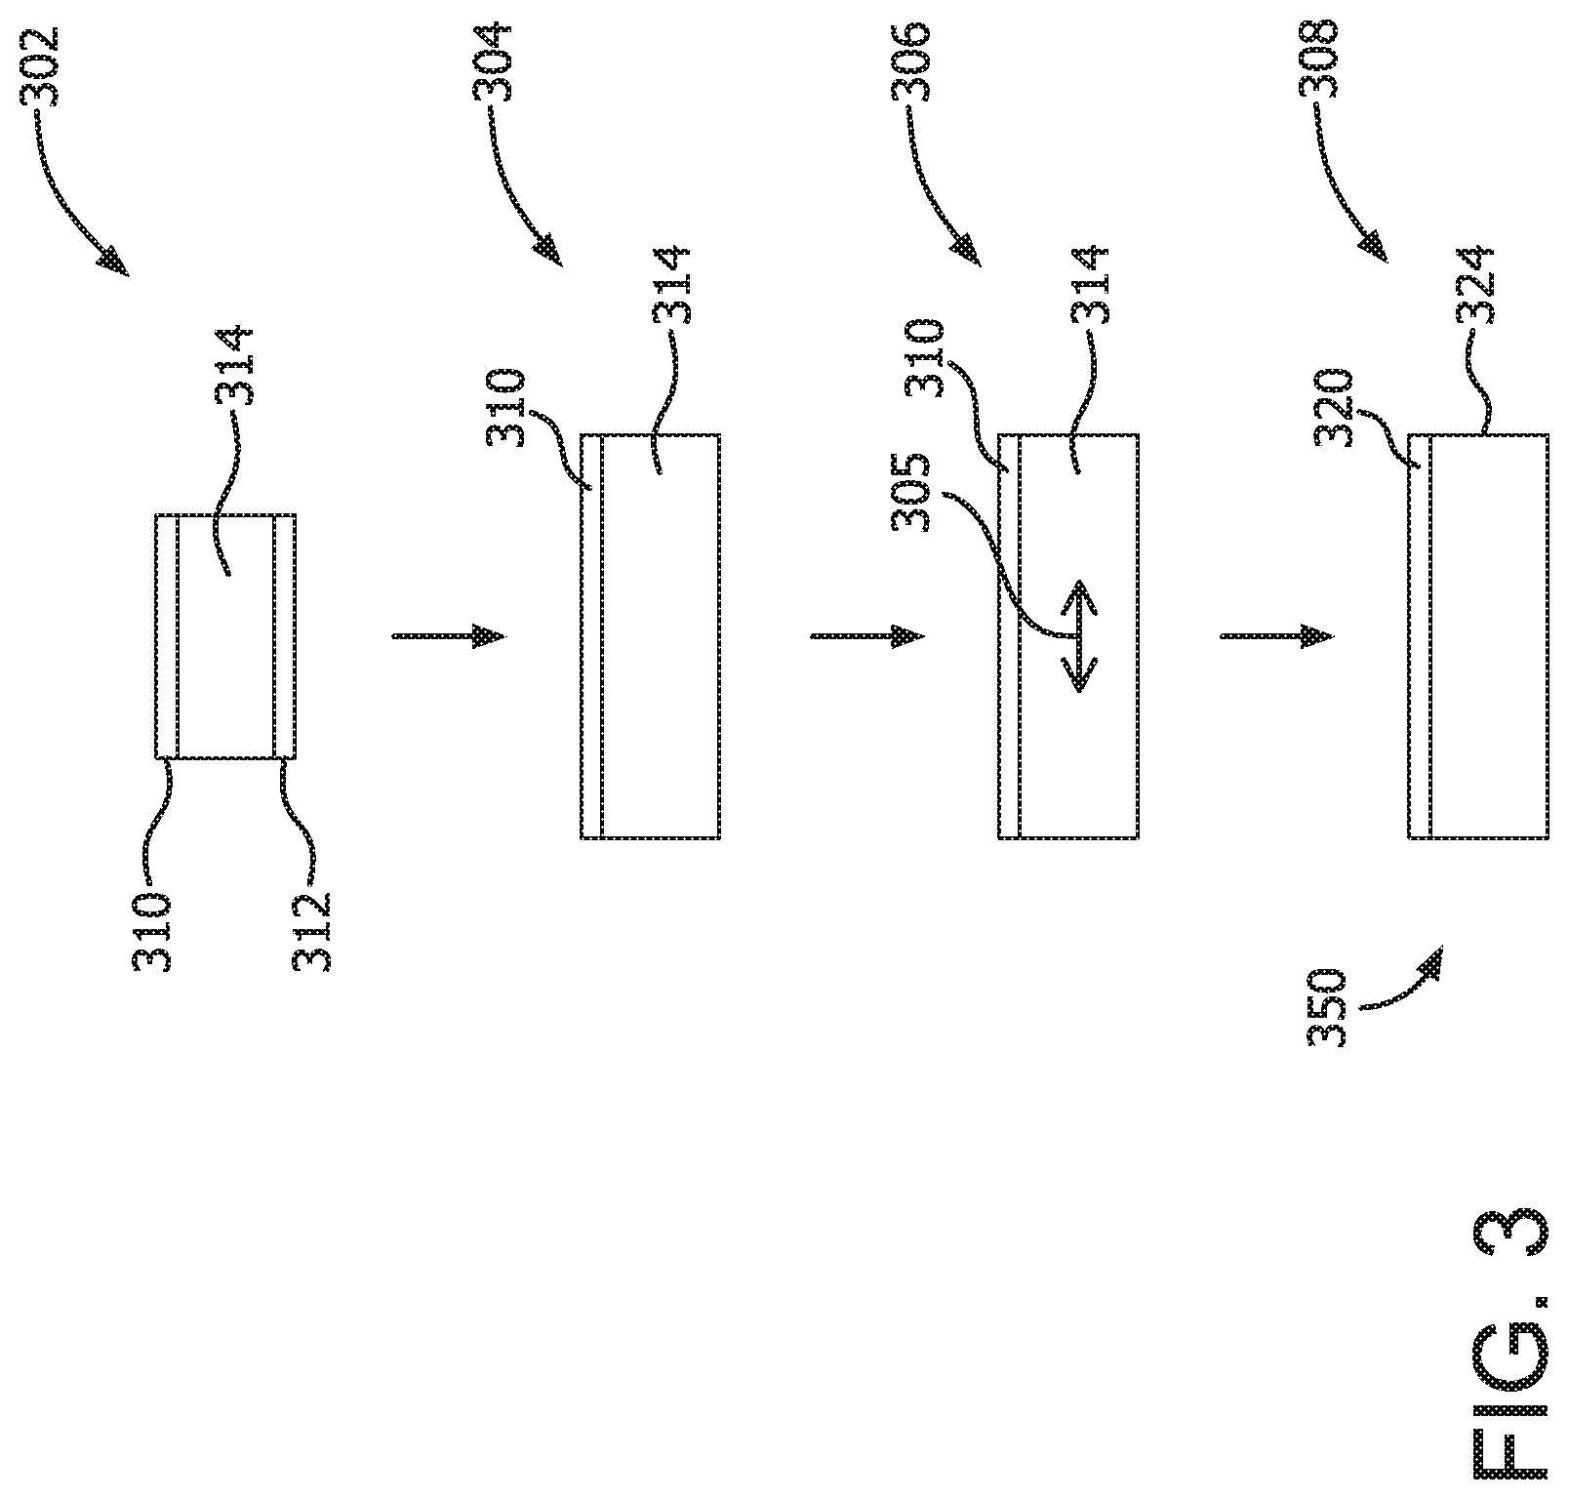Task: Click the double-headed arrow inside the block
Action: point(1079,635)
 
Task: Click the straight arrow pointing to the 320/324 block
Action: point(1276,636)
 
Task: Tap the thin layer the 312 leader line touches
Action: point(284,636)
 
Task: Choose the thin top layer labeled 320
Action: point(1420,635)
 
